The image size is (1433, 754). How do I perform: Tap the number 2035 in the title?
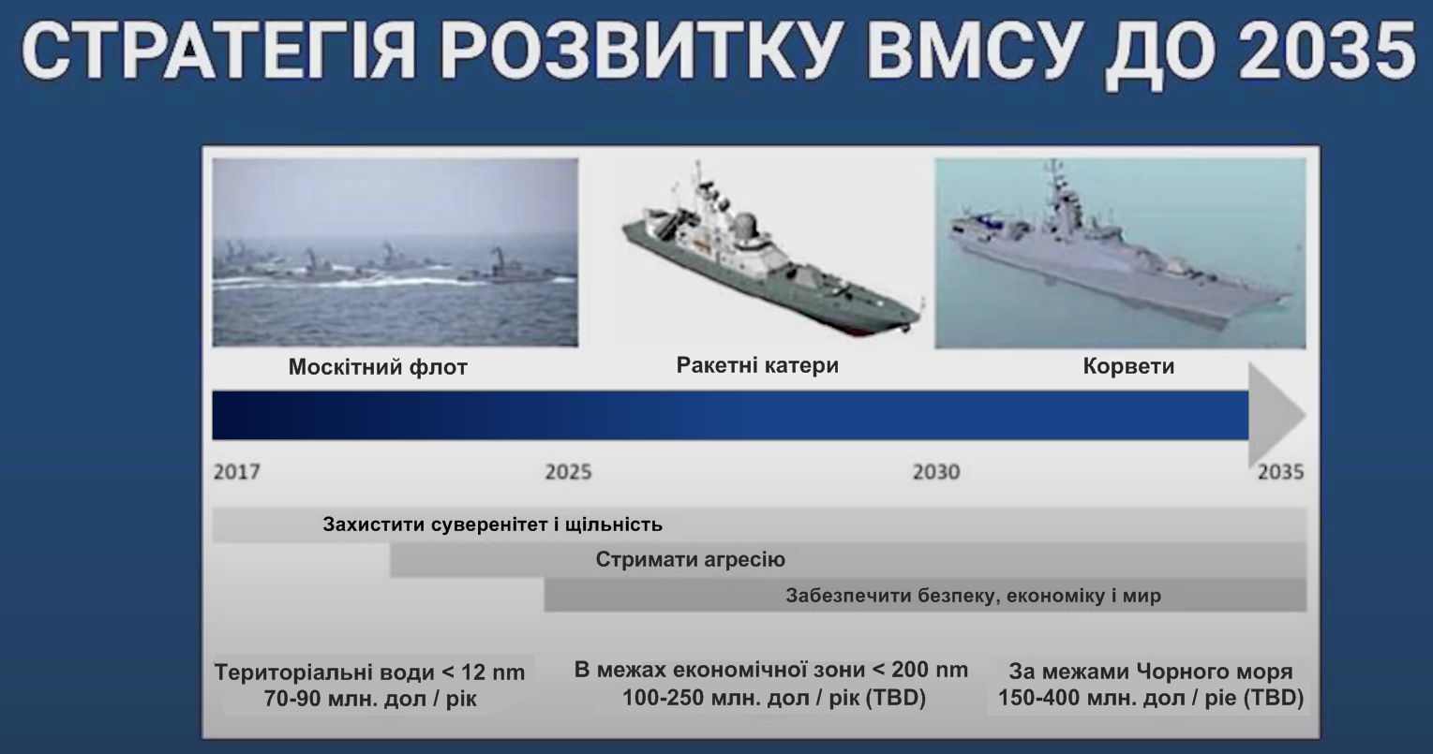point(1327,52)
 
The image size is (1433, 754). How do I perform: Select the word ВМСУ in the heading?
point(970,52)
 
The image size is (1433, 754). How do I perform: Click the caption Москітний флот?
point(378,367)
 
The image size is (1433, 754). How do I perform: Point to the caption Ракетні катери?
point(757,365)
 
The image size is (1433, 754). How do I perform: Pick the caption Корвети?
point(1128,366)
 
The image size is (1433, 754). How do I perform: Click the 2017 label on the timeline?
point(237,472)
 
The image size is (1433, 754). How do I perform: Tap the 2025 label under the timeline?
point(568,472)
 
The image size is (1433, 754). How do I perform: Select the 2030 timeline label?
point(936,472)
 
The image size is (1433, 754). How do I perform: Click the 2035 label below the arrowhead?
point(1280,472)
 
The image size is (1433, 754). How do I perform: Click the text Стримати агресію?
point(691,559)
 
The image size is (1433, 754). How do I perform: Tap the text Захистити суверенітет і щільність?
point(492,525)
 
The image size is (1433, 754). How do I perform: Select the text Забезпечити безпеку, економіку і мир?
point(973,596)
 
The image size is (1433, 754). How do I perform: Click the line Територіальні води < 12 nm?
point(370,673)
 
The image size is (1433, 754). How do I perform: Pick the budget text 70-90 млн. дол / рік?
point(370,699)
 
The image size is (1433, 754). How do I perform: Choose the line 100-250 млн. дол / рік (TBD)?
point(774,698)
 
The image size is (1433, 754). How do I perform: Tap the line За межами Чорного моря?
point(1151,672)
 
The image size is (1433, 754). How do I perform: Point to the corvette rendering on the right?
point(1120,253)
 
